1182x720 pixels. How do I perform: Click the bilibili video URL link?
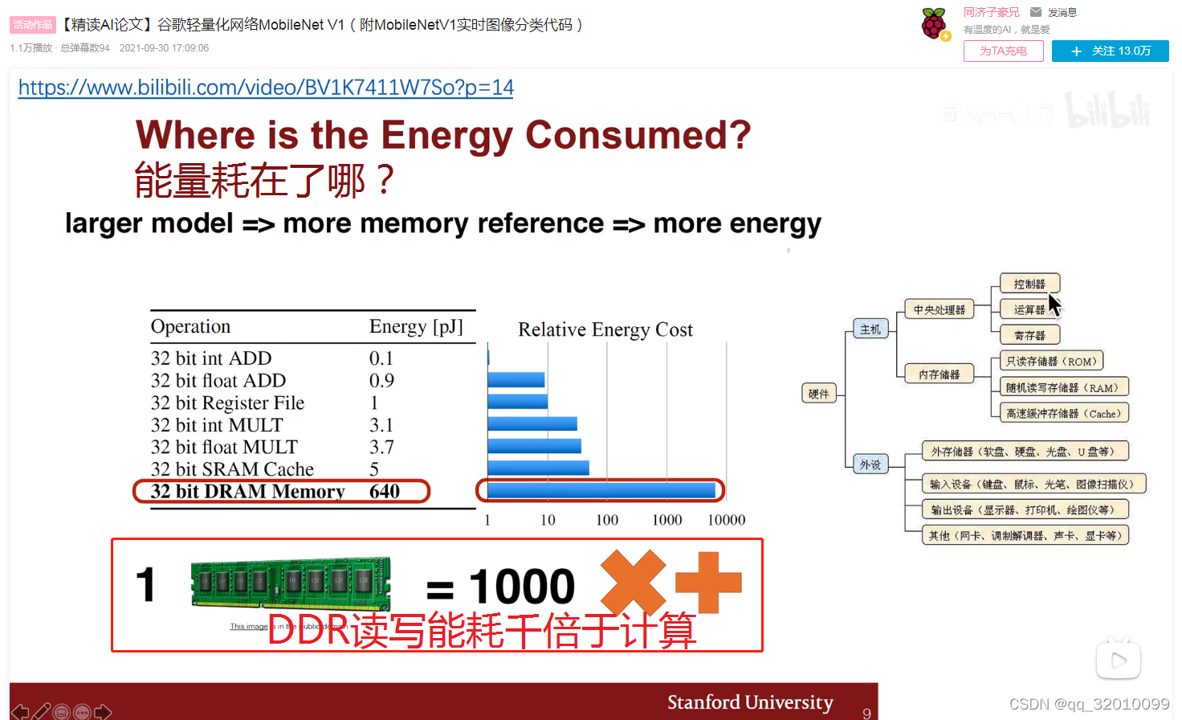coord(266,88)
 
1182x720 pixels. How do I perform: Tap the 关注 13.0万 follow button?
coord(1110,51)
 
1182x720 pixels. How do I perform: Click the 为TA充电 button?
coord(1003,51)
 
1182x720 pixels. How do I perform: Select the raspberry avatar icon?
coord(934,23)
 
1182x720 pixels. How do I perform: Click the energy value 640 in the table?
coord(385,491)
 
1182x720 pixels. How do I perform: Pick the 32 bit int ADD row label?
coord(211,358)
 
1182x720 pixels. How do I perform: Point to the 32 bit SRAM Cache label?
coord(232,469)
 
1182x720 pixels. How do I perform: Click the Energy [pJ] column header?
coord(416,327)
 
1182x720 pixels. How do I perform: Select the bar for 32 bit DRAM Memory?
coord(601,490)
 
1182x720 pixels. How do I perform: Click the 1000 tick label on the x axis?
coord(666,520)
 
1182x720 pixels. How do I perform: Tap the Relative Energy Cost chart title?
coord(605,329)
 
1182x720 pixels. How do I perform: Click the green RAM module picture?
coord(291,584)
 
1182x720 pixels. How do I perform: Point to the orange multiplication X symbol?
coord(633,583)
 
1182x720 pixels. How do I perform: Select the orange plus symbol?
coord(708,583)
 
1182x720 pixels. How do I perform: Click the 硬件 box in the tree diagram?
coord(819,394)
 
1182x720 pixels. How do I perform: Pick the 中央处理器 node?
coord(939,310)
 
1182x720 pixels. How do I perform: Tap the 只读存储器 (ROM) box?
coord(1050,362)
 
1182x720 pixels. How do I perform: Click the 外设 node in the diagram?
coord(870,464)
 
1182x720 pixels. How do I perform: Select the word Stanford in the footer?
coord(703,702)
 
